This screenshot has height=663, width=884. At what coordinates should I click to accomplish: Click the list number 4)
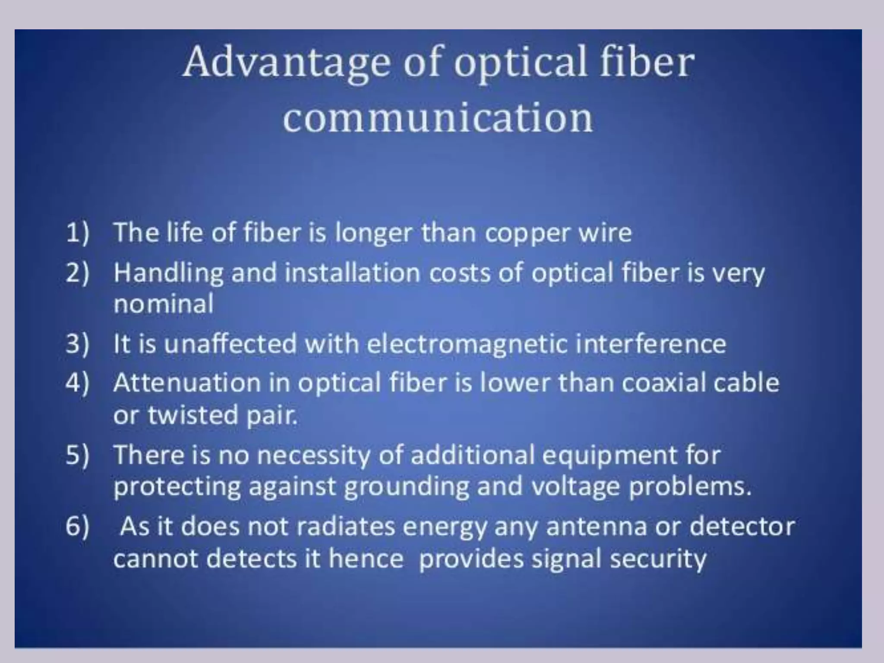(78, 383)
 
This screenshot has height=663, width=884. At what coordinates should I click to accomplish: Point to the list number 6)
(78, 527)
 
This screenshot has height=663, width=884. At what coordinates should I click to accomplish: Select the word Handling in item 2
(169, 273)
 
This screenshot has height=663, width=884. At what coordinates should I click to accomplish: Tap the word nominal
(164, 303)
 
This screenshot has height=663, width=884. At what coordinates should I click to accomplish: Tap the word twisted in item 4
(193, 414)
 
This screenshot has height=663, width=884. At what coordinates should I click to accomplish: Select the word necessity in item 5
(313, 456)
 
